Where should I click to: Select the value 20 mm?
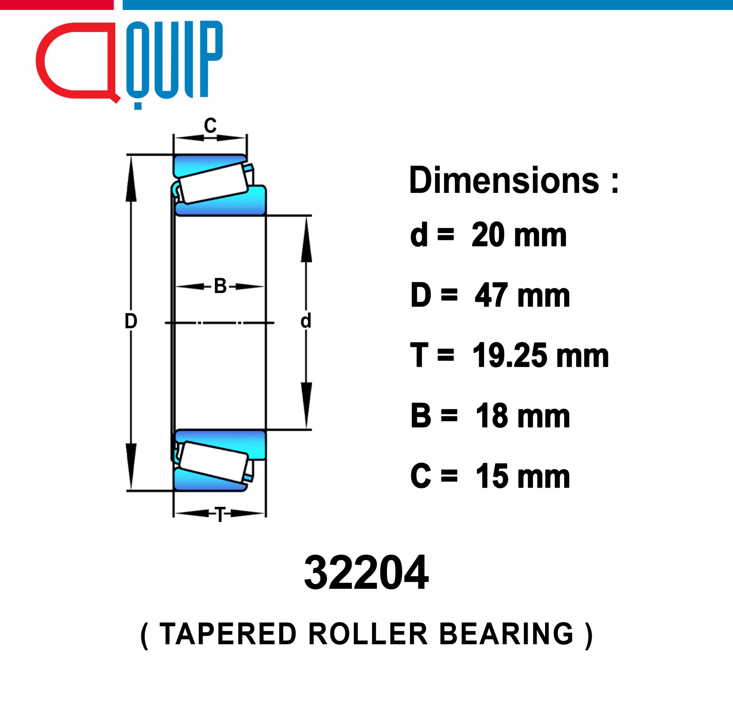(519, 235)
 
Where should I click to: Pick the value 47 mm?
(522, 295)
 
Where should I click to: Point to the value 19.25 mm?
(541, 356)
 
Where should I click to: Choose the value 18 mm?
(523, 416)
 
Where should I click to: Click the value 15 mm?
(523, 476)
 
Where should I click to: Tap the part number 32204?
(366, 572)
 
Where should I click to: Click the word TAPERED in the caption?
(228, 634)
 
